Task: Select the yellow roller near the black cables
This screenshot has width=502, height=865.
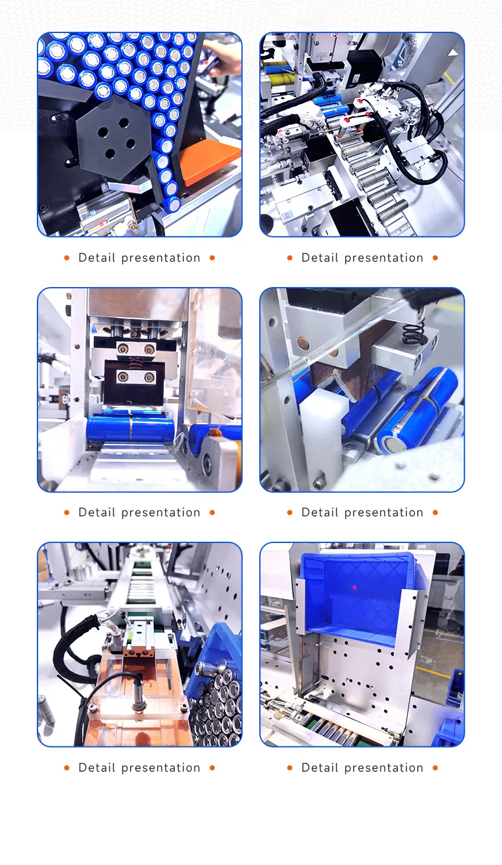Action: point(280,79)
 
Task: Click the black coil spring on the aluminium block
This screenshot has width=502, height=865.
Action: point(414,332)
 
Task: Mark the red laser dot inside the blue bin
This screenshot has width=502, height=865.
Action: point(355,588)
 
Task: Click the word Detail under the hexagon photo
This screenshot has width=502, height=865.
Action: point(97,258)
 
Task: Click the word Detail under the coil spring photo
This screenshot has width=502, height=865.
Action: point(320,513)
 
